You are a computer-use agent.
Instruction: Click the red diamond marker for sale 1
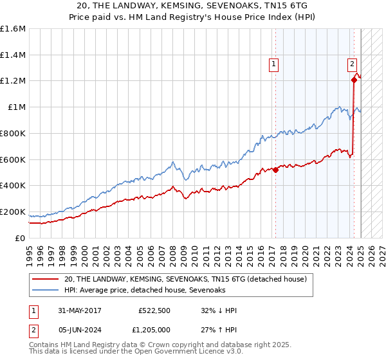(275, 170)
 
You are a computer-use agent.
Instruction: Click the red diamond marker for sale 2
(354, 80)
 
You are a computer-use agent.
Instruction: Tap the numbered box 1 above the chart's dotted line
(274, 64)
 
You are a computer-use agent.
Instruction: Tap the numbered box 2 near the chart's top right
(353, 64)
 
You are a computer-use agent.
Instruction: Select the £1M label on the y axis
(17, 107)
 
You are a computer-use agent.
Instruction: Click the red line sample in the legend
(46, 279)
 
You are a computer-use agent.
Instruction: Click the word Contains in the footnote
(44, 346)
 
